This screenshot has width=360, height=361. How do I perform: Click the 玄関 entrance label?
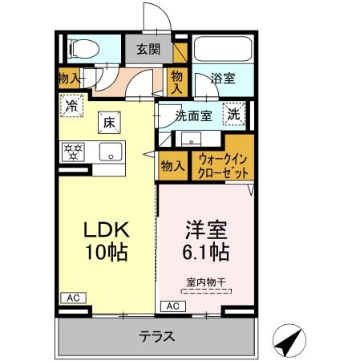[148, 49]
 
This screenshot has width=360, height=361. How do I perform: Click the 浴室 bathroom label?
[222, 79]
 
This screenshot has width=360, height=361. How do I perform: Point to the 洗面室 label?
[193, 116]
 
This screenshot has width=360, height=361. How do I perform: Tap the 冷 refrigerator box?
[71, 104]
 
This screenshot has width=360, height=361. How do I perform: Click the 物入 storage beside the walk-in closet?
[172, 165]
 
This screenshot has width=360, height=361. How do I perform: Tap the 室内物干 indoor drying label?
[203, 281]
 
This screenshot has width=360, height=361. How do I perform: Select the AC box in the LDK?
[71, 297]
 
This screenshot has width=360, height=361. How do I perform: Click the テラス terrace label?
[157, 336]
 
